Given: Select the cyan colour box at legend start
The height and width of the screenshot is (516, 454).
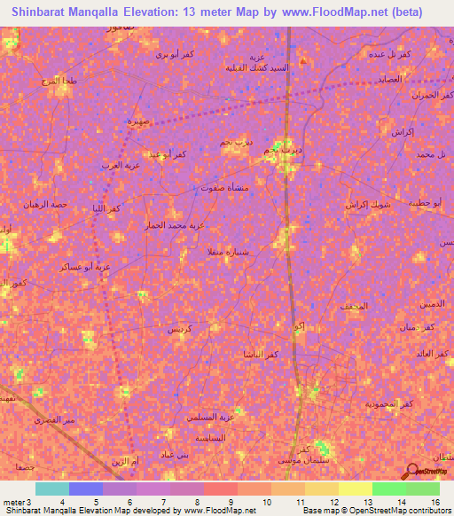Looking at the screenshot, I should (x=51, y=489).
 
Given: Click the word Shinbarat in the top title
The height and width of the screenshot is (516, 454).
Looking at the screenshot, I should (x=49, y=12).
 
